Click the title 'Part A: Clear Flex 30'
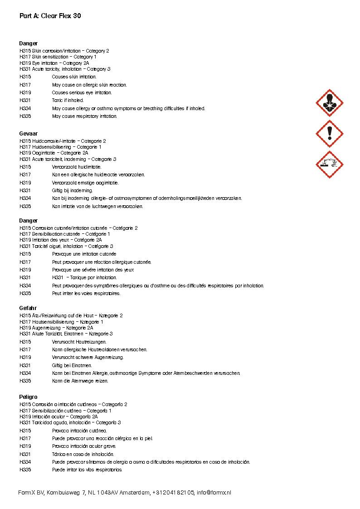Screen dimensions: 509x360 50,16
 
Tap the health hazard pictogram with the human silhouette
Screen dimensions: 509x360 329,103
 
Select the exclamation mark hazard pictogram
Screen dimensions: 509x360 329,134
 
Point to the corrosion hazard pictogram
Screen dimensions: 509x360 329,164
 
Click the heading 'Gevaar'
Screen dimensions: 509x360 29,134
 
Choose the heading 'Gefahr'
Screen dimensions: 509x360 28,308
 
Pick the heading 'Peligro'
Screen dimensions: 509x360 29,397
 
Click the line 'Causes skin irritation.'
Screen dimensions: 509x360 74,77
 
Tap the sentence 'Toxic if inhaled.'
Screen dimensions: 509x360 68,101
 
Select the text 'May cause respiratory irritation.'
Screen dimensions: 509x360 84,116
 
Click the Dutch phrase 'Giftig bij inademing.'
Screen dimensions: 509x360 73,191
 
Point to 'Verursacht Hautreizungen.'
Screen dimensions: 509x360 79,342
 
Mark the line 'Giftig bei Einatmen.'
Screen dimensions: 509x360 72,365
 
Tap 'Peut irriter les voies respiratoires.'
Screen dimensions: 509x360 86,293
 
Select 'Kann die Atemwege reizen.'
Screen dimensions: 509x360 80,381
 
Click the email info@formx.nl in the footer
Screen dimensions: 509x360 214,493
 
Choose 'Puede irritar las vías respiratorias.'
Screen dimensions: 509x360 87,470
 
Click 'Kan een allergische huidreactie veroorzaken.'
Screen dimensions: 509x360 98,175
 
